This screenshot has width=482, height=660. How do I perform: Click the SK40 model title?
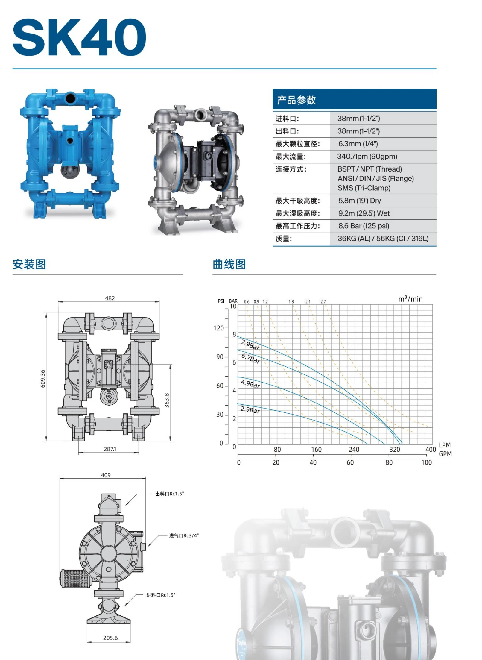(x=79, y=37)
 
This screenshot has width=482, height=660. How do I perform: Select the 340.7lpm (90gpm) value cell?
(x=367, y=157)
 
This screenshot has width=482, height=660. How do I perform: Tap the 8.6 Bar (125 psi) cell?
(x=364, y=226)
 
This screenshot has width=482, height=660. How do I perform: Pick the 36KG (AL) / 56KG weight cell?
(x=383, y=239)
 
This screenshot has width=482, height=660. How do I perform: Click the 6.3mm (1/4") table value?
(x=358, y=144)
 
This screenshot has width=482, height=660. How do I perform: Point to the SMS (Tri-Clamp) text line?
(x=364, y=188)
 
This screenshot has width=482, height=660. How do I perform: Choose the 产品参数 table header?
(x=296, y=100)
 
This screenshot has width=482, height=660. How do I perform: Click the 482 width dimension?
(x=110, y=298)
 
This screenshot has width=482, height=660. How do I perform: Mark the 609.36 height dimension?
(x=43, y=379)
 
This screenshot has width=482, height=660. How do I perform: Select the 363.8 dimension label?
(x=167, y=400)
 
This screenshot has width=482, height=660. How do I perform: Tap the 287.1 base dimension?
(x=110, y=449)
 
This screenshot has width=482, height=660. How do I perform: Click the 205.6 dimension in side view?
(x=110, y=638)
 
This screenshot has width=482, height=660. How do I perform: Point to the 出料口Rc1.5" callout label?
(x=169, y=494)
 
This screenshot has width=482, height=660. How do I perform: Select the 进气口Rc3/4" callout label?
(x=184, y=535)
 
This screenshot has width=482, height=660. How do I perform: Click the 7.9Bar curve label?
(x=250, y=345)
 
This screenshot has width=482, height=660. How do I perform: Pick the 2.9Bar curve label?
(x=250, y=409)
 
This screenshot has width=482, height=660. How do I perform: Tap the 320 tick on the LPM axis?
(x=395, y=449)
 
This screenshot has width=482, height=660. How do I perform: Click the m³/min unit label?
(x=410, y=299)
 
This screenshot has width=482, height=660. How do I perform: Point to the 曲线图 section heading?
(x=229, y=265)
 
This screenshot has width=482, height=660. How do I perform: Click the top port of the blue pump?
(x=70, y=98)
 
